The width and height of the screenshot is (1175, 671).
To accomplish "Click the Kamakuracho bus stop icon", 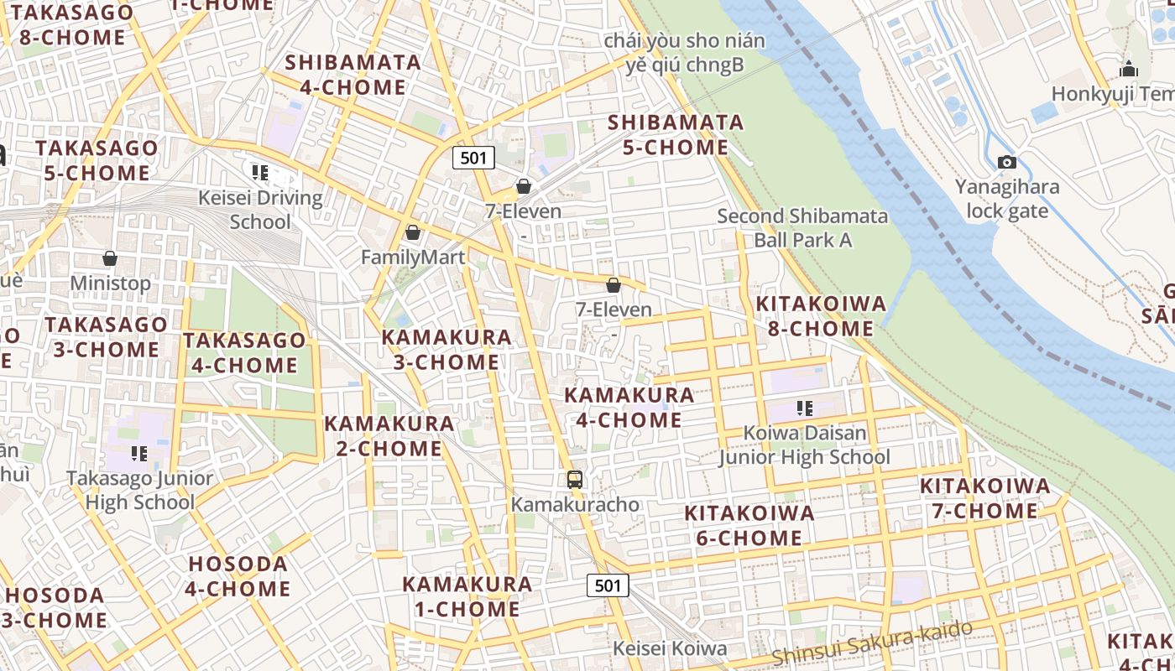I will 575,480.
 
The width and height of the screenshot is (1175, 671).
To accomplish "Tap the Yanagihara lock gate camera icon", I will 1007,162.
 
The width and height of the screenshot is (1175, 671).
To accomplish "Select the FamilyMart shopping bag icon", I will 412,232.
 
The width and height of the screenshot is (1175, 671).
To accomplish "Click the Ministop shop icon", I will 110,257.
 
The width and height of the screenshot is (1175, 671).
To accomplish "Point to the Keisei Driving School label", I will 260,210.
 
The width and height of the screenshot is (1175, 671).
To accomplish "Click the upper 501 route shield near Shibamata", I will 473,157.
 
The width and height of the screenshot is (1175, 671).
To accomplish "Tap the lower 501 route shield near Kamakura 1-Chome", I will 607,585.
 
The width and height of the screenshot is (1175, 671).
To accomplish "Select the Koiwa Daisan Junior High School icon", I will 805,408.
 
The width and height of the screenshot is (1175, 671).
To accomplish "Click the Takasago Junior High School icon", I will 139,454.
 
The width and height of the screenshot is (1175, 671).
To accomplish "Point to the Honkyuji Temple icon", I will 1129,69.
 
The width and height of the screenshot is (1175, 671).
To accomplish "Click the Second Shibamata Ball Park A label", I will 802,228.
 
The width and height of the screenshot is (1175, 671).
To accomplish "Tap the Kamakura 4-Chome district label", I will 629,407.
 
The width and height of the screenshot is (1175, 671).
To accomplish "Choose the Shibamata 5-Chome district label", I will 676,135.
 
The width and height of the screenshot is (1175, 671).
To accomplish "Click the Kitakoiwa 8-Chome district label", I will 821,315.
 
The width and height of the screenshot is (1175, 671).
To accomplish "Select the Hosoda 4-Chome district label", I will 238,576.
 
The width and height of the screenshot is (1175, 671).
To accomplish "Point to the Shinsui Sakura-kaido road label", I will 872,642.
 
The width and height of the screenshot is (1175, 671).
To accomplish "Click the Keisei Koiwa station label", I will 669,648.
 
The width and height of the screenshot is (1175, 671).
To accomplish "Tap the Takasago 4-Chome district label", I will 244,352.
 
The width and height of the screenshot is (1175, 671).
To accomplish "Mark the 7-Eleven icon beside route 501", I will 524,186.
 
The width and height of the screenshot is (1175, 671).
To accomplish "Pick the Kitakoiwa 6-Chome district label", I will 749,525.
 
